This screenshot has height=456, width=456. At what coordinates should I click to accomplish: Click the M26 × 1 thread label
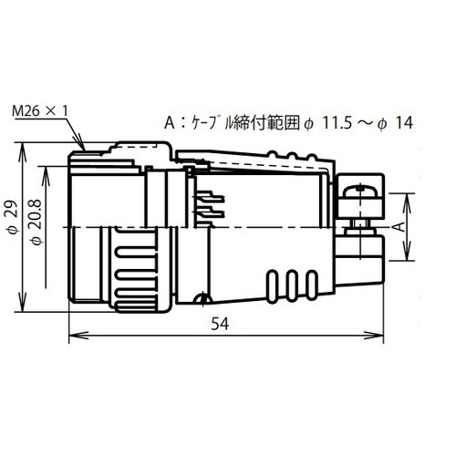pos(40,111)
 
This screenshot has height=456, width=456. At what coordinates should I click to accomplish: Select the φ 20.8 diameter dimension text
pos(36,223)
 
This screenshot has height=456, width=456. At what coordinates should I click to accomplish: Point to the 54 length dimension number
pos(220,324)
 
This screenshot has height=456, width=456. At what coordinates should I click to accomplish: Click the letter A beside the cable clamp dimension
pos(402,227)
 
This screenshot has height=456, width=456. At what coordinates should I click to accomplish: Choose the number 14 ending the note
pos(404,123)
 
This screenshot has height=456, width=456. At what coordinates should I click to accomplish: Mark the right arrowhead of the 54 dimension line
pos(374,336)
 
